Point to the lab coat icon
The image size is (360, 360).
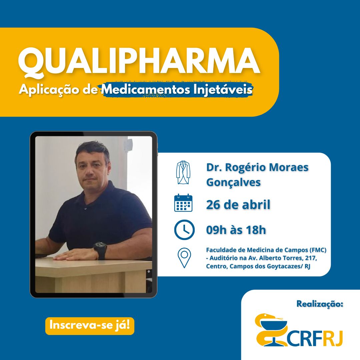tap(183, 173)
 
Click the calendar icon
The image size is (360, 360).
tap(183, 203)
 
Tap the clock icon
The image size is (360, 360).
tap(184, 230)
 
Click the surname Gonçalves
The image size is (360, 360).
tap(233, 182)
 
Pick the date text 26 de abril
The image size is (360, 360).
tap(238, 205)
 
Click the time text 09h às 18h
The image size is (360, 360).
tap(236, 230)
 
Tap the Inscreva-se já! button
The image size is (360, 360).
tap(90, 325)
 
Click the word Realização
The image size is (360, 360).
tap(319, 304)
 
